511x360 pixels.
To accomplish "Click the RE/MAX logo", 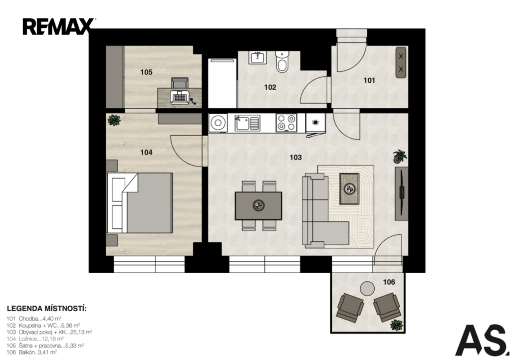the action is [x=58, y=26].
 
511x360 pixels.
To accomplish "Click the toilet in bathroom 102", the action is [x=282, y=61].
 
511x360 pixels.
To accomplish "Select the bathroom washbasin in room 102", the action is [x=258, y=58].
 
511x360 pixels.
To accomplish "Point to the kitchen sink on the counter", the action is [x=248, y=123].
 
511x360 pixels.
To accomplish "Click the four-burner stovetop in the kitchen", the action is [x=286, y=123].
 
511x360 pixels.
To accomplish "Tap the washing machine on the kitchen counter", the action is [x=218, y=123].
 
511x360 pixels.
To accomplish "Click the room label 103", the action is [x=295, y=158].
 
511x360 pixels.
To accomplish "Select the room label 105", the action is [x=146, y=72].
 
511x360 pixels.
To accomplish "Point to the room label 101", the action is [x=369, y=80].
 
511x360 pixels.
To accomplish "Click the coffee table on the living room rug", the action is [x=349, y=189].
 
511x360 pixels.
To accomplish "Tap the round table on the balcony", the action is [x=367, y=288].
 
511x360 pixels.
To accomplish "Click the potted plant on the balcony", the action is [x=396, y=325].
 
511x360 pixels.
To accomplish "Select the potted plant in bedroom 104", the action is [x=114, y=120].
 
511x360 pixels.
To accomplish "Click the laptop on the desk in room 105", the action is [x=180, y=97].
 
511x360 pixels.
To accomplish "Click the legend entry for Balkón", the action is [x=32, y=352].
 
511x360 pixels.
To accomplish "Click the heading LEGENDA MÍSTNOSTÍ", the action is [x=47, y=309].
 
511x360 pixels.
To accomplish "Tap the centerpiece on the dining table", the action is [x=259, y=205].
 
